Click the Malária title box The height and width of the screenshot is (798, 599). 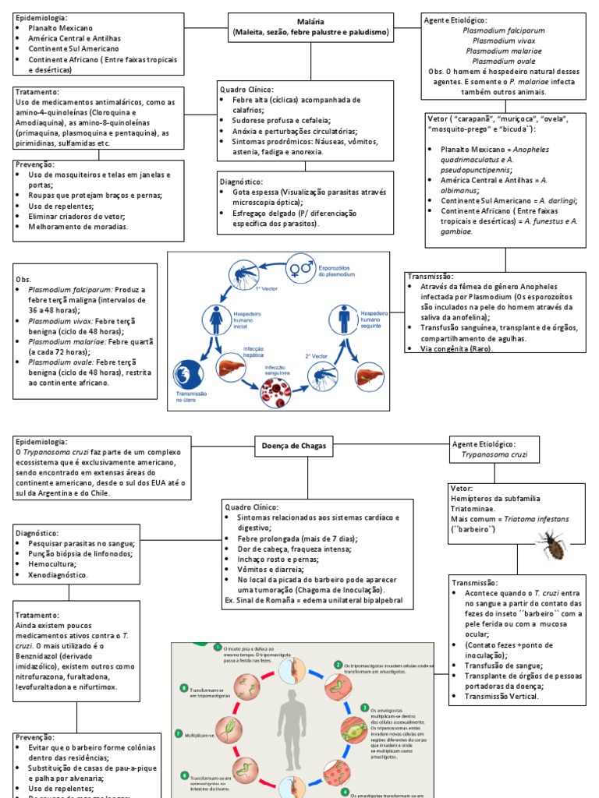pyautogui.click(x=310, y=27)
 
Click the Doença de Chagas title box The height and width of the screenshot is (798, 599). pyautogui.click(x=293, y=447)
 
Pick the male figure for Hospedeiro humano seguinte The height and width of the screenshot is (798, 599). pyautogui.click(x=344, y=319)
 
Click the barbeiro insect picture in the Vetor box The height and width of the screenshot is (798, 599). pyautogui.click(x=551, y=544)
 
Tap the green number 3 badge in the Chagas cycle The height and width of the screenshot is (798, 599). pyautogui.click(x=364, y=708)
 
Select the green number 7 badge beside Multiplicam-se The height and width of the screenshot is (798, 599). pyautogui.click(x=179, y=733)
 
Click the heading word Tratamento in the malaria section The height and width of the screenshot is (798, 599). pyautogui.click(x=37, y=92)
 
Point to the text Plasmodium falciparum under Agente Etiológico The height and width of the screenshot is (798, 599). pyautogui.click(x=503, y=30)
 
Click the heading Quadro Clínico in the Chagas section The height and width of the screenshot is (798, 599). pyautogui.click(x=250, y=507)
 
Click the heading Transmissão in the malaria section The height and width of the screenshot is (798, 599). pyautogui.click(x=430, y=277)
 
